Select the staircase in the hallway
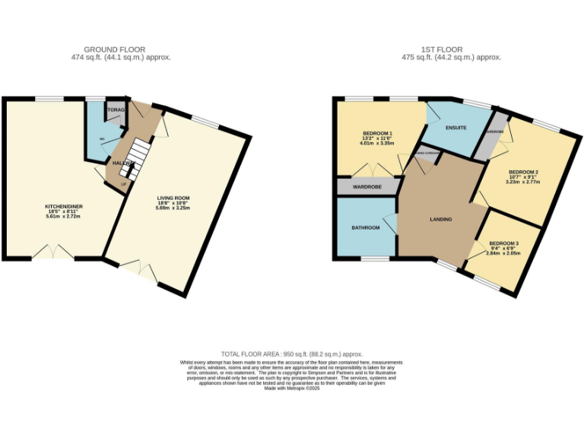tap(134, 157)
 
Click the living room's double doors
tap(138, 269)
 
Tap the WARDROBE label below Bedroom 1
tap(367, 186)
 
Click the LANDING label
tap(440, 220)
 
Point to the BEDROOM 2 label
tap(523, 173)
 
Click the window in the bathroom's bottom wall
tap(373, 259)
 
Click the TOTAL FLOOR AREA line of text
tap(292, 355)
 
